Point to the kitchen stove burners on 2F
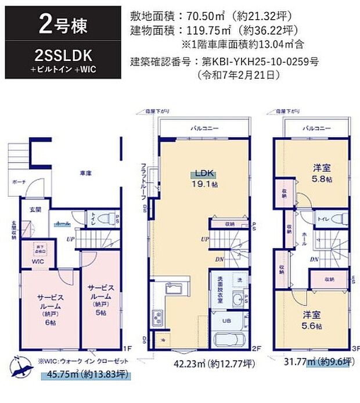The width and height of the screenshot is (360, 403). [159, 318]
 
